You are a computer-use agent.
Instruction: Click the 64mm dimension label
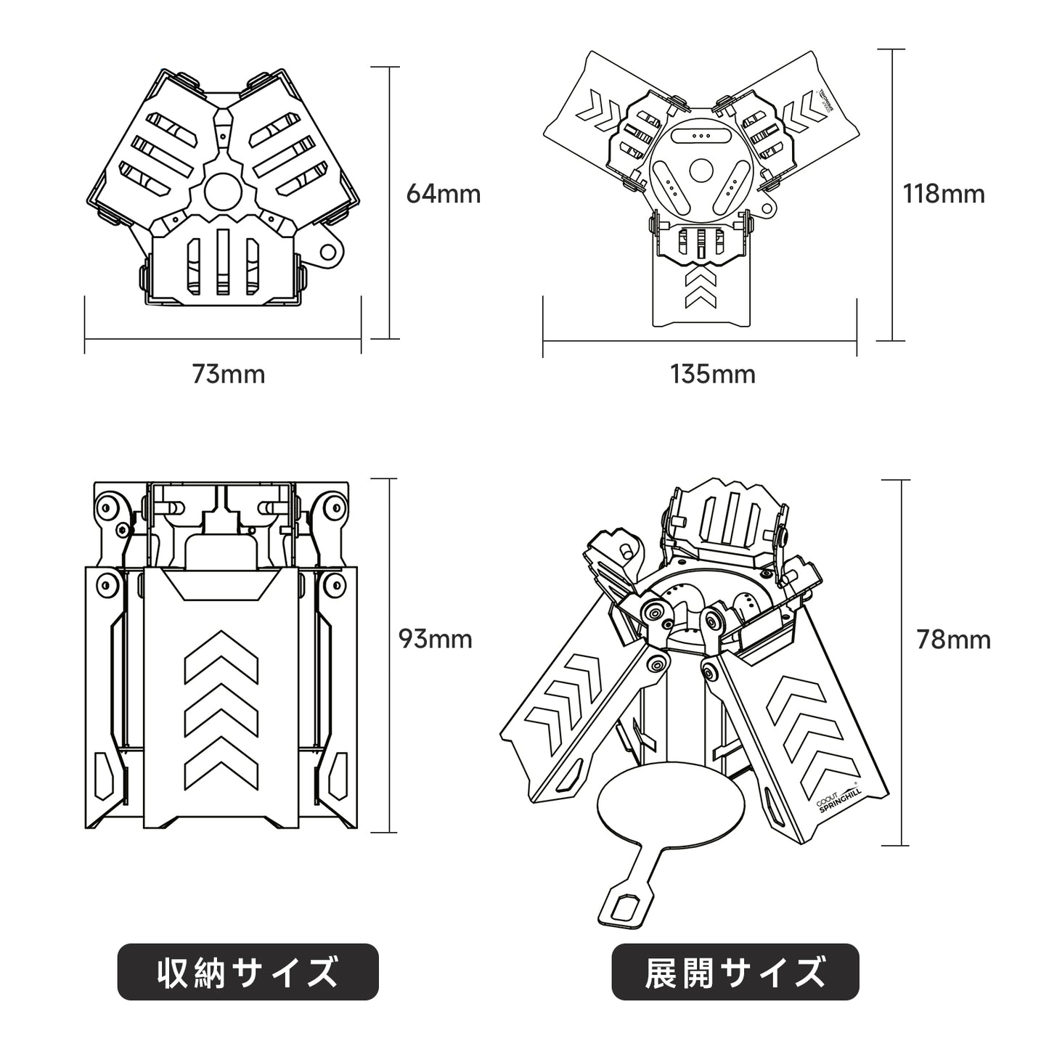pyautogui.click(x=443, y=194)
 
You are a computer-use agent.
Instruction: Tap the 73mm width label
pyautogui.click(x=228, y=375)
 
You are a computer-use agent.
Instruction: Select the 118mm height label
pyautogui.click(x=943, y=194)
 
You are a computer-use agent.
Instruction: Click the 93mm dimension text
pyautogui.click(x=436, y=639)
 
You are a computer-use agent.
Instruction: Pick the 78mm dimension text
pyautogui.click(x=953, y=639)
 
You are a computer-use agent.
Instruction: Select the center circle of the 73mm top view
pyautogui.click(x=224, y=191)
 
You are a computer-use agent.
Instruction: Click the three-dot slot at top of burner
pyautogui.click(x=701, y=136)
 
